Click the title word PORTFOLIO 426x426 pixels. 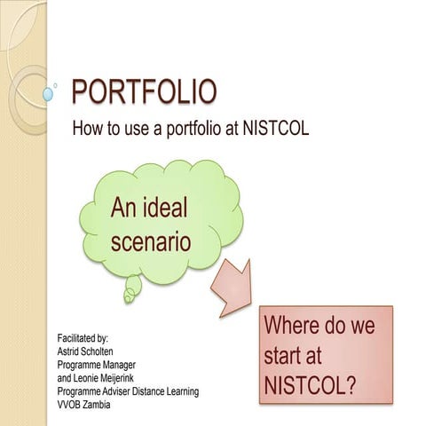[x=143, y=91]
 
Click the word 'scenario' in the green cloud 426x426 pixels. [x=150, y=240]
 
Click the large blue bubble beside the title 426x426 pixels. [x=47, y=93]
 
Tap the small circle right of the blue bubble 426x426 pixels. [x=58, y=85]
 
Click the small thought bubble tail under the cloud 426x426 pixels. [x=132, y=286]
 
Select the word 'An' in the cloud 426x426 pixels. [x=125, y=209]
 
